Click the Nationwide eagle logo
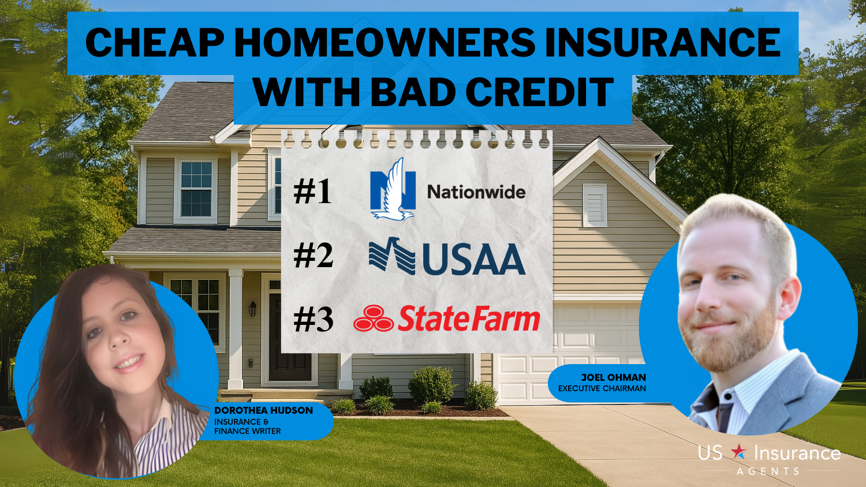[x=393, y=189]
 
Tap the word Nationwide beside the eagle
[x=476, y=192]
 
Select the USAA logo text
[x=474, y=259]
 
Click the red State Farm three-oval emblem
[x=374, y=318]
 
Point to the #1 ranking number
[x=312, y=192]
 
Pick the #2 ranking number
[x=313, y=256]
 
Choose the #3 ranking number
[x=313, y=320]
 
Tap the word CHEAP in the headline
[x=155, y=43]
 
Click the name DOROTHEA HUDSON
[x=264, y=410]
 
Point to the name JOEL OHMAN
[x=614, y=377]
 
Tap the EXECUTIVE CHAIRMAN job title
[x=602, y=388]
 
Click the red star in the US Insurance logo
[x=739, y=451]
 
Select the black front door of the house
[x=289, y=337]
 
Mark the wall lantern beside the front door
[x=253, y=309]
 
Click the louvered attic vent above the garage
[x=595, y=205]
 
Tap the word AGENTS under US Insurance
[x=768, y=471]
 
